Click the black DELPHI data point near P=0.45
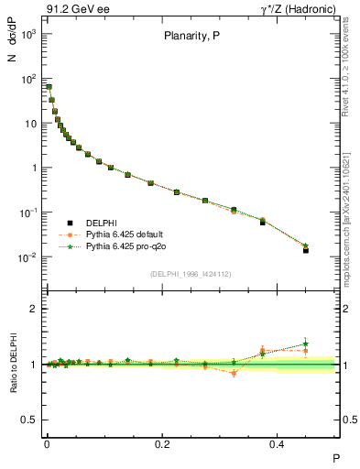306,250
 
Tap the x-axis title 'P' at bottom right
335,457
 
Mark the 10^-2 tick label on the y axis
27,257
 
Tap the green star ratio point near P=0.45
306,344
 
